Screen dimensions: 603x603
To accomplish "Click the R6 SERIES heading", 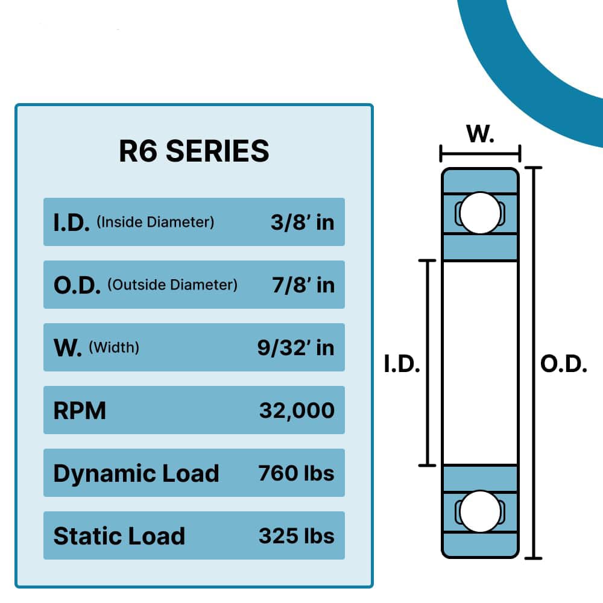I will (x=194, y=151).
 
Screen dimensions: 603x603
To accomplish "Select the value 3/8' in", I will (x=302, y=222).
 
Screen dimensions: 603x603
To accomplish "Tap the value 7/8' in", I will (x=303, y=285).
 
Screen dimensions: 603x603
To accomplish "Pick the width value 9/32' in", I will (x=295, y=347).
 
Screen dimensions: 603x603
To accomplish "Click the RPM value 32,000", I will (x=297, y=410).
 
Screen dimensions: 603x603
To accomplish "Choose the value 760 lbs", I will (x=296, y=473).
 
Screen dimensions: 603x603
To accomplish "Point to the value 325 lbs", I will (x=296, y=535).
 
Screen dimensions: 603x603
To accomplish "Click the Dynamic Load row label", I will (x=136, y=473).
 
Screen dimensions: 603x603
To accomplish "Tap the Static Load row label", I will (x=119, y=536).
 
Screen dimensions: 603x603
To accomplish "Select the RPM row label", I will (x=80, y=411).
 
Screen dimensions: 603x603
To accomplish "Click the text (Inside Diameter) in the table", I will (x=155, y=223).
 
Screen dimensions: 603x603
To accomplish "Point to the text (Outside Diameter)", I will (x=172, y=285).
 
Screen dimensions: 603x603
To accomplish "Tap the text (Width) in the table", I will (x=114, y=348).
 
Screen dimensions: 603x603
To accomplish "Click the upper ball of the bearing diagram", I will (x=480, y=213).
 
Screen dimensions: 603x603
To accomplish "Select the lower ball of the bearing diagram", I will (x=480, y=511).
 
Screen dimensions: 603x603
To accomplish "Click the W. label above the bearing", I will (x=481, y=134).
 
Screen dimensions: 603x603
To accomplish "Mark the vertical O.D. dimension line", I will (x=534, y=362).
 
